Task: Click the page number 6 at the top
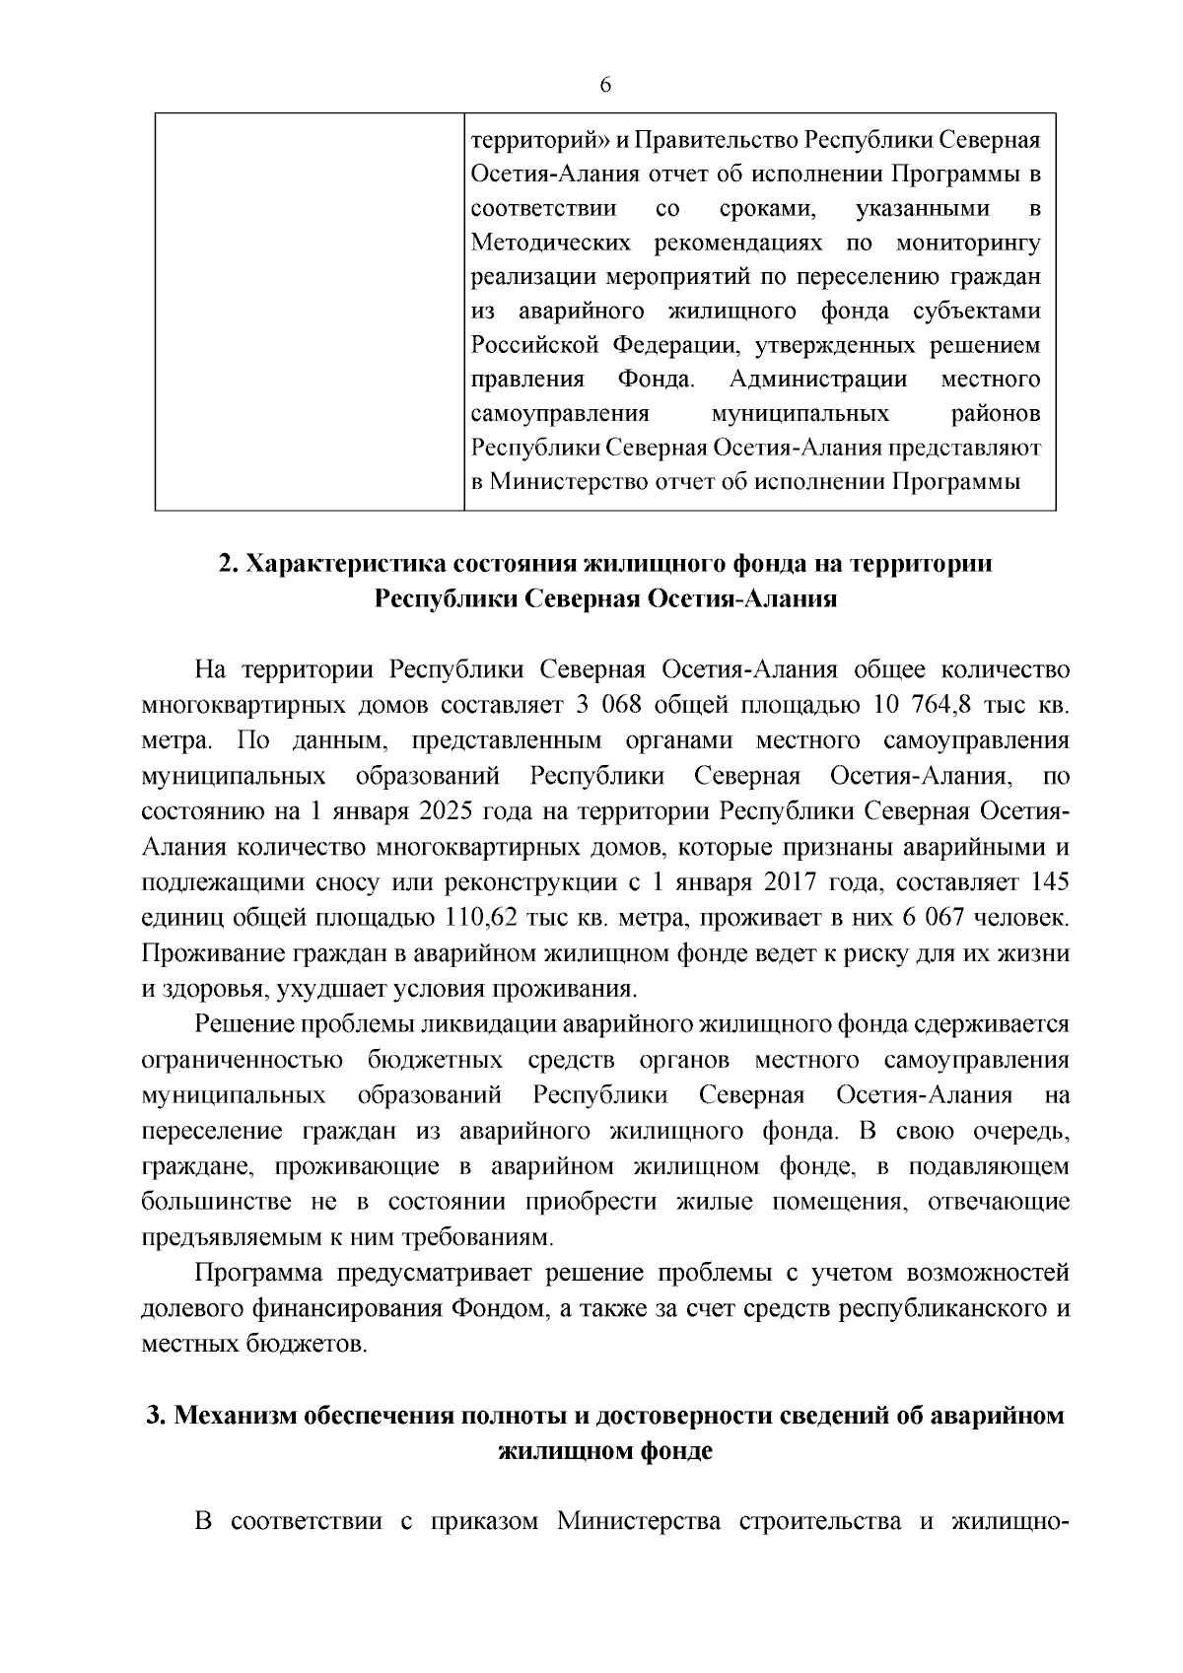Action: pos(605,86)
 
